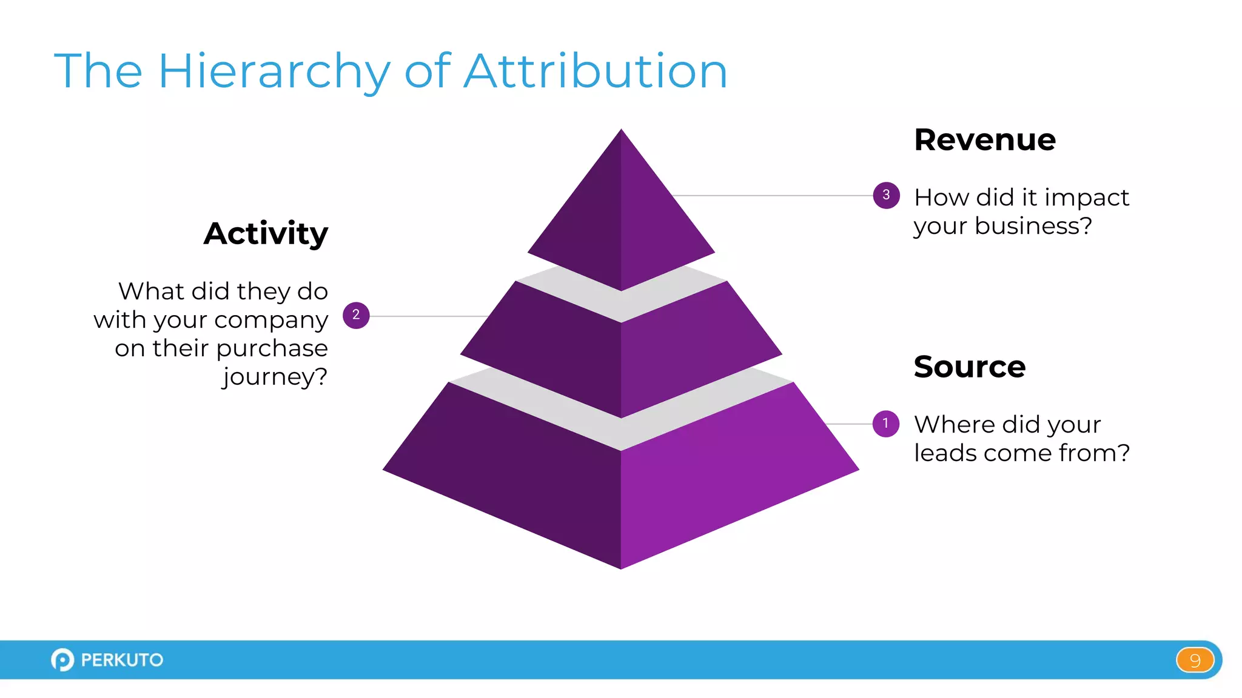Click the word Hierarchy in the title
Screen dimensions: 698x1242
click(x=274, y=71)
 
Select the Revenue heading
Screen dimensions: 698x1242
click(x=985, y=140)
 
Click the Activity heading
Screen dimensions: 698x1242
click(x=266, y=234)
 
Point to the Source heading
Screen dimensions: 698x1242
click(x=969, y=367)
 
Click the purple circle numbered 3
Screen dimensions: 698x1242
click(x=886, y=195)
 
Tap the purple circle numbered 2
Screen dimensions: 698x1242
click(x=356, y=315)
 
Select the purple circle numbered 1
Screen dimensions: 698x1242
click(x=885, y=424)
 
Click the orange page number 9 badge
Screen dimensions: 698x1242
click(x=1195, y=660)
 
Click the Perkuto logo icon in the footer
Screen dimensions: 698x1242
click(x=62, y=660)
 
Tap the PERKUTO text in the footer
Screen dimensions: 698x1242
click(x=122, y=660)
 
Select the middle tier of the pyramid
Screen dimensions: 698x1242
click(x=621, y=357)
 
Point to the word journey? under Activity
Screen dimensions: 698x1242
click(x=275, y=377)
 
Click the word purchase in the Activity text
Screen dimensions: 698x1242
click(x=271, y=348)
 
